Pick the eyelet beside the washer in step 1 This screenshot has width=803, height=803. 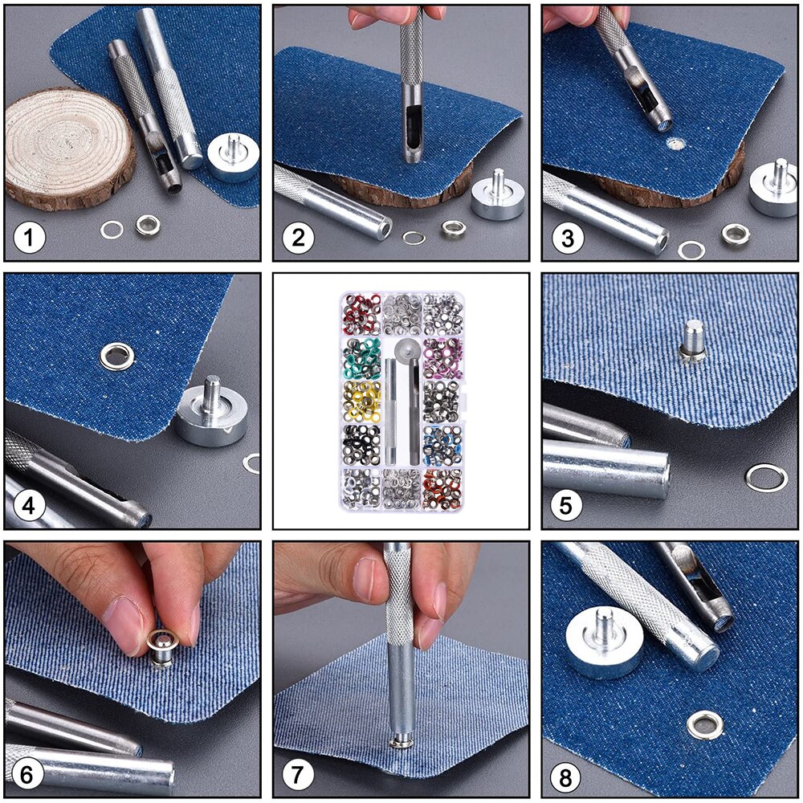tap(147, 226)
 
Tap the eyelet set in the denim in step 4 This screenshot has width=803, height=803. tap(116, 354)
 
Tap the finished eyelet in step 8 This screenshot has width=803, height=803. tap(704, 725)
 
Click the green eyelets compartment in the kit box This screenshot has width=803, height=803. tap(362, 354)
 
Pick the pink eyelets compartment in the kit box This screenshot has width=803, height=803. tap(441, 354)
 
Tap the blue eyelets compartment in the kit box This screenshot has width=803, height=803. tap(441, 440)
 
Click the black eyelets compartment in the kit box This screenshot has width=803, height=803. tap(362, 440)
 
